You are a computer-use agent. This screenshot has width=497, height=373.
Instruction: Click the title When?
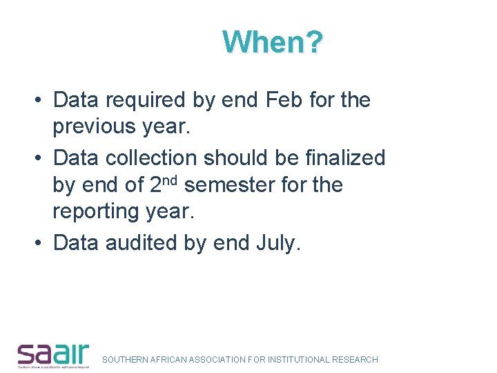(273, 43)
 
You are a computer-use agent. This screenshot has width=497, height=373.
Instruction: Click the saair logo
(53, 354)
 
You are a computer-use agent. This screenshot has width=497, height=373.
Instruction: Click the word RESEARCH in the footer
(355, 360)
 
